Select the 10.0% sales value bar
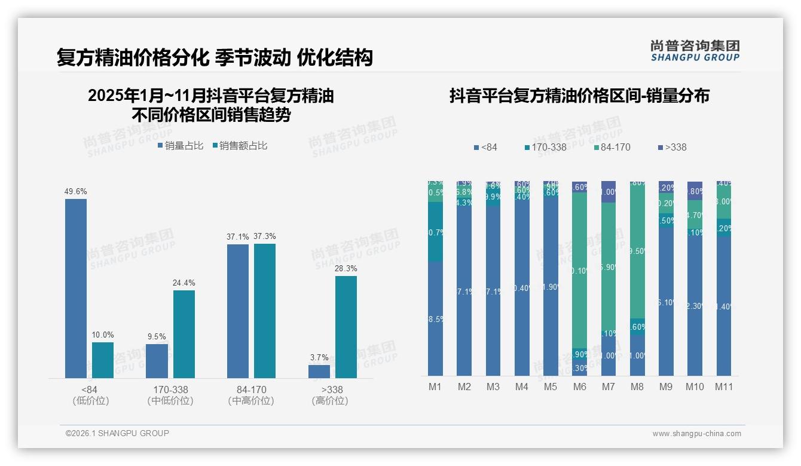tap(103, 360)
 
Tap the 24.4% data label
tap(184, 283)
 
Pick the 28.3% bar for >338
tap(346, 327)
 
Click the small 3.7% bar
tap(319, 371)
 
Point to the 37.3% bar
tap(265, 311)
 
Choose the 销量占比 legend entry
tap(181, 145)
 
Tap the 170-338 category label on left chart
tap(170, 390)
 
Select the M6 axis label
tap(579, 387)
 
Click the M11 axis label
tap(724, 387)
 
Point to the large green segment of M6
tap(579, 270)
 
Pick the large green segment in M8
tap(637, 251)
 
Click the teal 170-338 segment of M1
tap(435, 232)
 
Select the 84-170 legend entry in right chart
tap(612, 147)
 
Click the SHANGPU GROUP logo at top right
tap(695, 50)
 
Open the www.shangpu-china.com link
tap(696, 434)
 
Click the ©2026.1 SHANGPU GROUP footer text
tap(117, 433)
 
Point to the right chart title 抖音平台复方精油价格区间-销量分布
tap(579, 96)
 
